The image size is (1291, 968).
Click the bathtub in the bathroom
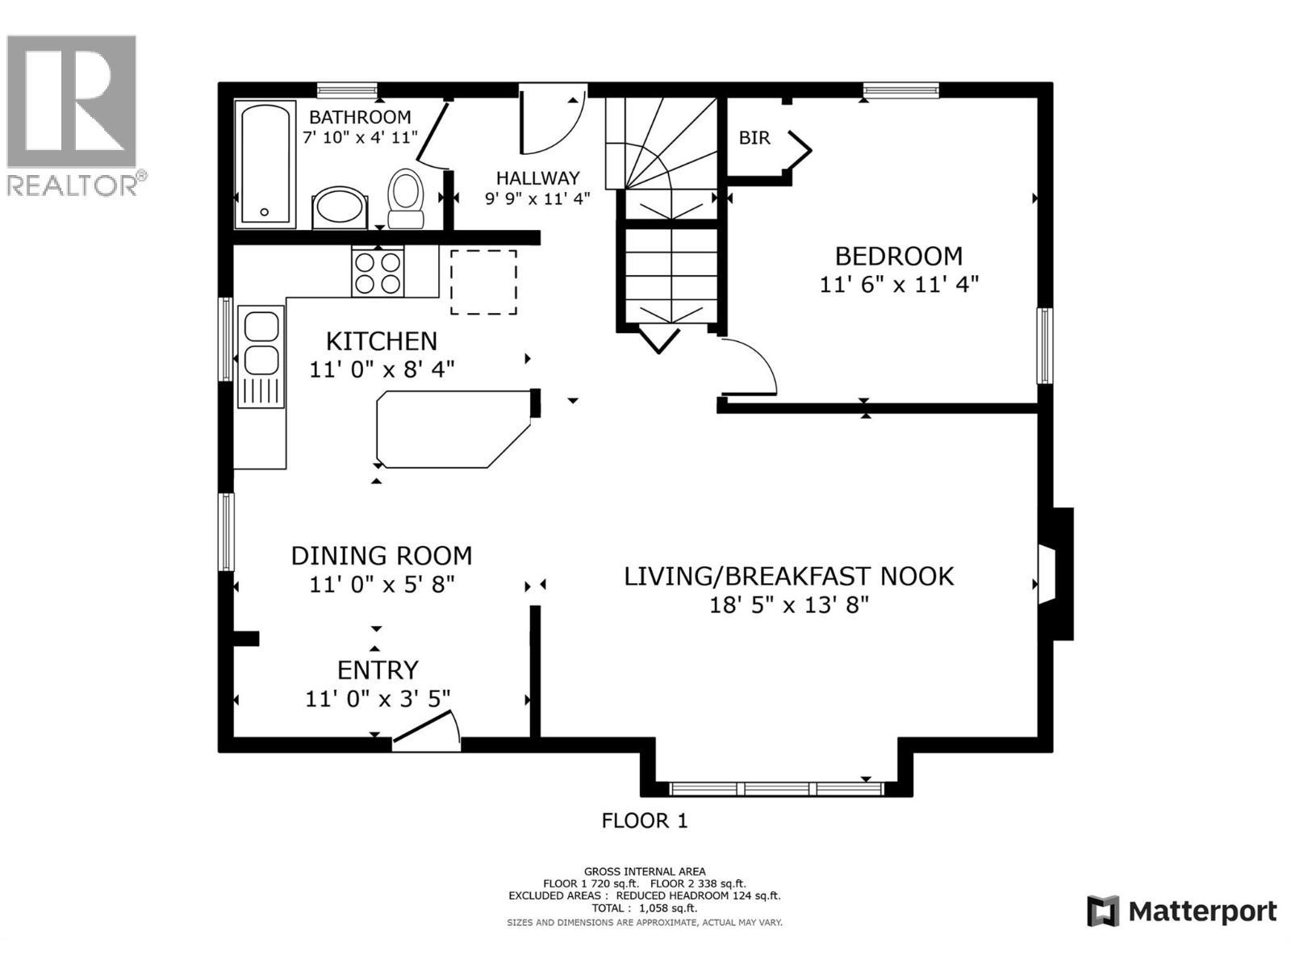[265, 164]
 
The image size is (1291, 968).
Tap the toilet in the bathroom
[406, 198]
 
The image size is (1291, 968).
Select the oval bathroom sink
[340, 207]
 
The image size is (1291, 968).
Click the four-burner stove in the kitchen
[378, 273]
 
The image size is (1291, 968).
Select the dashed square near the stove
[483, 282]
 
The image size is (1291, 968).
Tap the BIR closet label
[754, 138]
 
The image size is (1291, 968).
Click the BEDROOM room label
[898, 257]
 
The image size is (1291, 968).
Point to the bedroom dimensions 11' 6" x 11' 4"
[899, 285]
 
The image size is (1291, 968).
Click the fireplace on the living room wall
[1055, 574]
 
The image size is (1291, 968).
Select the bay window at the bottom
[776, 787]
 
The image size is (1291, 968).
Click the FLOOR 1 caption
[645, 821]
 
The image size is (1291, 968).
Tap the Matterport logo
[1182, 912]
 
